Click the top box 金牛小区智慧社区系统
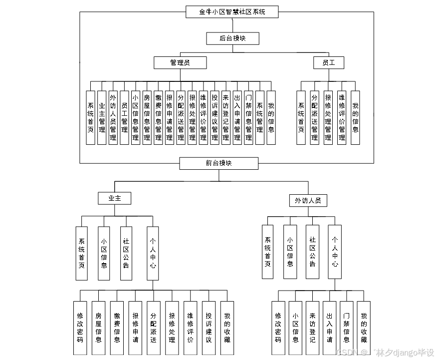[x=232, y=12]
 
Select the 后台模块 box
[x=232, y=38]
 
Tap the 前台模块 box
[x=219, y=163]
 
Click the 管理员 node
[x=181, y=62]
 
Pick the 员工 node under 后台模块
[x=329, y=62]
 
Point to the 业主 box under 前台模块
[x=115, y=198]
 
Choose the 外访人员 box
[x=308, y=200]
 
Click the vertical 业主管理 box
[x=102, y=117]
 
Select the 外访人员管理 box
[x=113, y=117]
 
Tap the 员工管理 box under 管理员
[x=125, y=117]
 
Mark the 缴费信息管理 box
[x=158, y=117]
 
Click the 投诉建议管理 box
[x=215, y=117]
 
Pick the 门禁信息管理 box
[x=248, y=117]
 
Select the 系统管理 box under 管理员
[x=260, y=117]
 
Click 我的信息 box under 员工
[x=355, y=117]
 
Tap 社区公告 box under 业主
[x=126, y=253]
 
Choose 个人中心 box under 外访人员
[x=335, y=252]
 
